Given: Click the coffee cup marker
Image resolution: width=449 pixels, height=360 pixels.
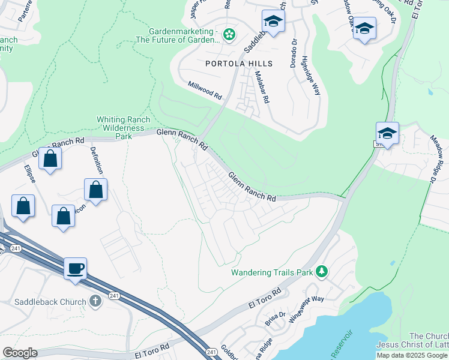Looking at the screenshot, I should point(76,268).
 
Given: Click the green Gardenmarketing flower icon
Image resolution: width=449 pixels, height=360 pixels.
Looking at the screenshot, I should point(229,35).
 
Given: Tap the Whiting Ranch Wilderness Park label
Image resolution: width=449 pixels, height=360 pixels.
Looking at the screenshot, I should point(123,128).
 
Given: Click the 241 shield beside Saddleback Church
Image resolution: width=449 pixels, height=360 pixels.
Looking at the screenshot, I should point(113,295).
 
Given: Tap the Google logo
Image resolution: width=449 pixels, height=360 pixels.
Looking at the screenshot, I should point(20,353).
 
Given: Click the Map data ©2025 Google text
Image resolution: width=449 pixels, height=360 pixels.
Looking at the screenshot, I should point(412,355).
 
